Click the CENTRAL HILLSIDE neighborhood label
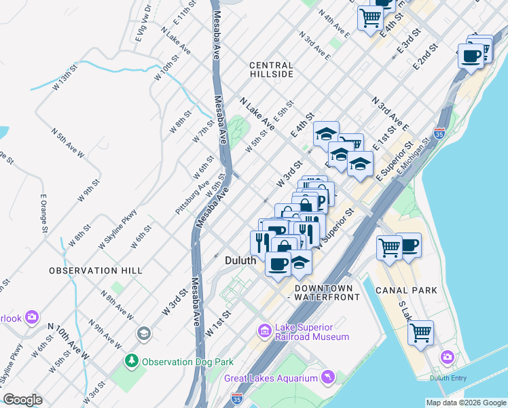pyautogui.click(x=272, y=69)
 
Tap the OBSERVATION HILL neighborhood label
pyautogui.click(x=96, y=271)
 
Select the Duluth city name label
pyautogui.click(x=240, y=260)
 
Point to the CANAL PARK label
pyautogui.click(x=406, y=290)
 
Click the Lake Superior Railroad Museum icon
pyautogui.click(x=264, y=331)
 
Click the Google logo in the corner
pyautogui.click(x=22, y=400)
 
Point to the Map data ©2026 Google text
pyautogui.click(x=465, y=403)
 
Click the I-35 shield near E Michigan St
pyautogui.click(x=440, y=133)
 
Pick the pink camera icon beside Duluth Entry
pyautogui.click(x=447, y=356)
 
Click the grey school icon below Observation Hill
pyautogui.click(x=143, y=333)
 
